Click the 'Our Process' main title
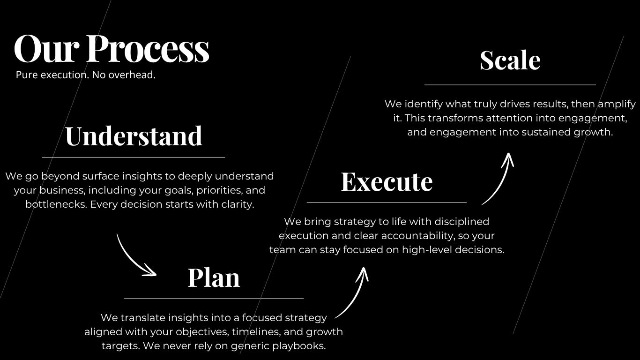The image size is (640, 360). (112, 49)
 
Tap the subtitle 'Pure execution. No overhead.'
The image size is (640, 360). (85, 75)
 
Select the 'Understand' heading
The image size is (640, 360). (134, 136)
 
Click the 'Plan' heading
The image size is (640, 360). (214, 277)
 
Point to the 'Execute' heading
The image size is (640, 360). (387, 181)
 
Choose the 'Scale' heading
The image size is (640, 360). (510, 60)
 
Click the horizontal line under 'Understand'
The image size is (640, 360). (134, 157)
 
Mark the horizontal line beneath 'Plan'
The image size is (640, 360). (214, 298)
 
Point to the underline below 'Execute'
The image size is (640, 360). (387, 202)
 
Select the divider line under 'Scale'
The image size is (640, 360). (510, 85)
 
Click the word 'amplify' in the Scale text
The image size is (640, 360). (617, 104)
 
